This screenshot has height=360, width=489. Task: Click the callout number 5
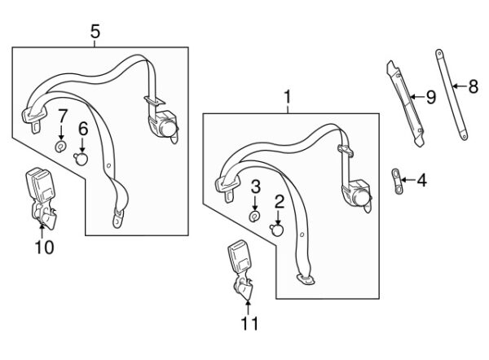(95, 32)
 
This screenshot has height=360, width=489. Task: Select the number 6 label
(82, 128)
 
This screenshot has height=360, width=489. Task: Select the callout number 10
(44, 246)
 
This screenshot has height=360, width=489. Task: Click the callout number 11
(249, 323)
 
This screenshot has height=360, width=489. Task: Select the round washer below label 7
(61, 147)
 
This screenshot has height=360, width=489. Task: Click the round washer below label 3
(254, 216)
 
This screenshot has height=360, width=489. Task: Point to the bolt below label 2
(278, 230)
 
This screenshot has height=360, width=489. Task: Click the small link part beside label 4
(396, 179)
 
